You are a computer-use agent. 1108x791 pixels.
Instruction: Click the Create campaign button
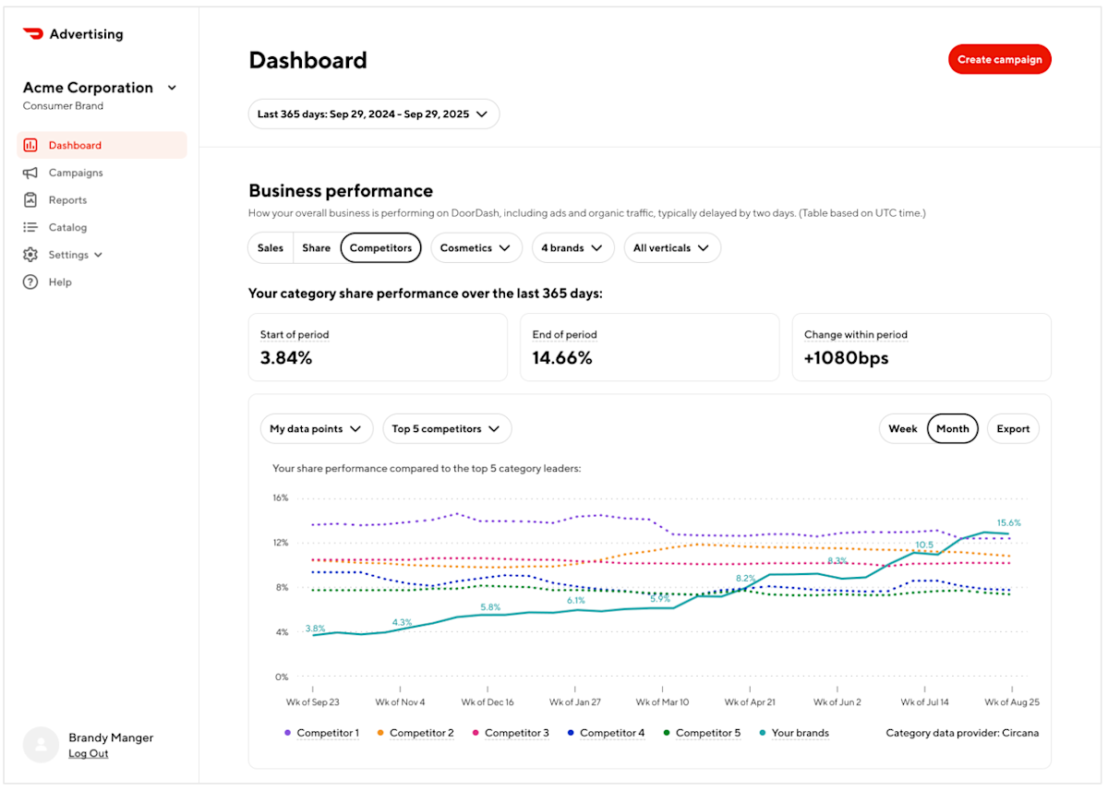[999, 60]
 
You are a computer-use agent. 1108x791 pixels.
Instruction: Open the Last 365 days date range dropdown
[373, 114]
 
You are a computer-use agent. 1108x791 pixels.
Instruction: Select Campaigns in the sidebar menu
[75, 173]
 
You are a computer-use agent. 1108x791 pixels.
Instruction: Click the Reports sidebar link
[67, 200]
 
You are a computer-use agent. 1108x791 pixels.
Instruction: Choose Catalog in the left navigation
[67, 227]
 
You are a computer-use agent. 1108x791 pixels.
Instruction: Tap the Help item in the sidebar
[60, 282]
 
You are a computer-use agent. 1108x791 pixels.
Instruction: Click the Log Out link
[88, 754]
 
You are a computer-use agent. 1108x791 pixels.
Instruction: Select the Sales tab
[271, 248]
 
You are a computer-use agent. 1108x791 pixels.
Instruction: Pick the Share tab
[316, 248]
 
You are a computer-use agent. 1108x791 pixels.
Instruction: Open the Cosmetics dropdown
[476, 248]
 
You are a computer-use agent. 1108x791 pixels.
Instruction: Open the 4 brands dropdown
[572, 248]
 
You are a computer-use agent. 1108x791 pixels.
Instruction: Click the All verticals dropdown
[671, 248]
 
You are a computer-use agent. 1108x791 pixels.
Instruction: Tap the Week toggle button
[902, 429]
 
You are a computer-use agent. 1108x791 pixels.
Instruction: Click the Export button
[1013, 429]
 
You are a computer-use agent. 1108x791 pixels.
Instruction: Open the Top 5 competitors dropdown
[446, 429]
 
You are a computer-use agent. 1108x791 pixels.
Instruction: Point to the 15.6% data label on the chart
[1008, 523]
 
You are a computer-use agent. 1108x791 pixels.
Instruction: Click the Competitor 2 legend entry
[421, 734]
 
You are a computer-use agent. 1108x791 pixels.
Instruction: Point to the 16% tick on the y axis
[280, 498]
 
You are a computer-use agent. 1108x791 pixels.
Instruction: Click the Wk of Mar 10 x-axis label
[662, 702]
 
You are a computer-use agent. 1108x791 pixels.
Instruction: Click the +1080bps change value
[846, 358]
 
